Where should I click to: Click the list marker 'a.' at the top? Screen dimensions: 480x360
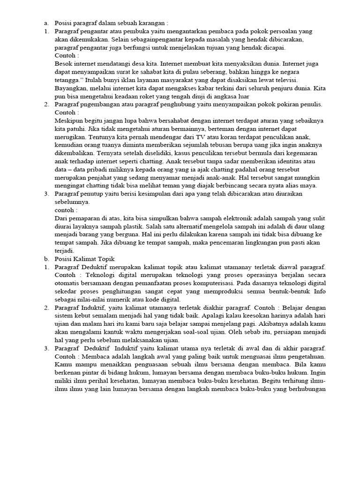tap(46, 22)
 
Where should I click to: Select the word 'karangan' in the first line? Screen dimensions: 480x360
tap(153, 22)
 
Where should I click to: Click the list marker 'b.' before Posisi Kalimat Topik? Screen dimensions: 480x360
tap(46, 259)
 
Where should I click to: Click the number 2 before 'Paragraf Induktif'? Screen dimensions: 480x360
tap(46, 308)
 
